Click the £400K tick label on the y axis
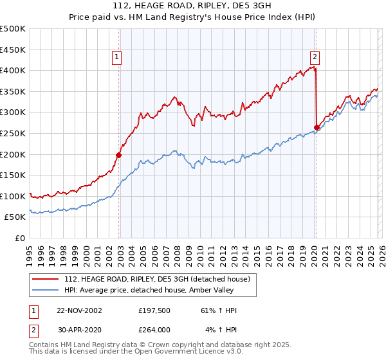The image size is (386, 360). pyautogui.click(x=13, y=70)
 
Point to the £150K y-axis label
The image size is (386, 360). pyautogui.click(x=13, y=175)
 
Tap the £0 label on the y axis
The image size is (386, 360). pyautogui.click(x=19, y=238)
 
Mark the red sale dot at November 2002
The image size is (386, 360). pyautogui.click(x=119, y=155)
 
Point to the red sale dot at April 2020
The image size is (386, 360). pyautogui.click(x=317, y=127)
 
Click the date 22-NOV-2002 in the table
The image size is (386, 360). pyautogui.click(x=79, y=310)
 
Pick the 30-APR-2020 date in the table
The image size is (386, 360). pyautogui.click(x=79, y=330)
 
